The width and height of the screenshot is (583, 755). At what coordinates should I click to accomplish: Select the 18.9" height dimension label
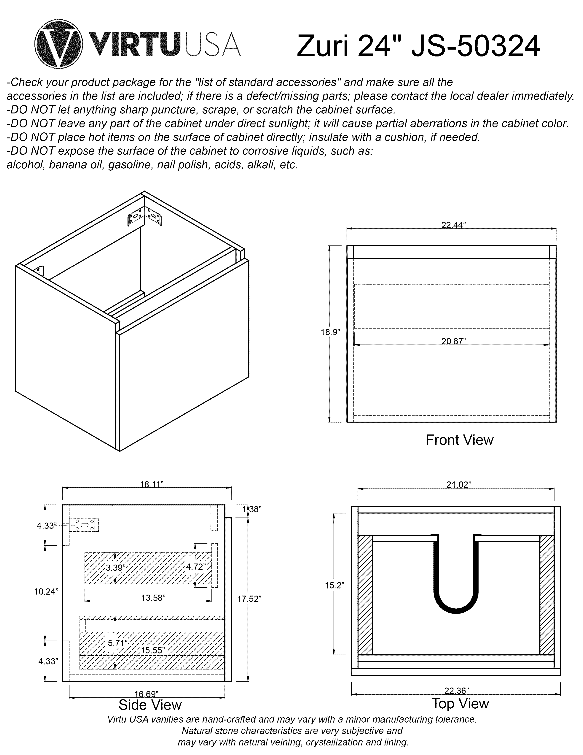click(330, 332)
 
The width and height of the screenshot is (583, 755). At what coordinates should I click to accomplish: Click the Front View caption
click(459, 440)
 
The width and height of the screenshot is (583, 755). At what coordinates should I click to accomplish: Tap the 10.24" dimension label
click(46, 592)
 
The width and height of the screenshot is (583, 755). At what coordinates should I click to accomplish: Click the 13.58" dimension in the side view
click(153, 598)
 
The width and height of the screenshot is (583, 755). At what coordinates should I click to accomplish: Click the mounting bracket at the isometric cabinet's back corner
click(144, 217)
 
